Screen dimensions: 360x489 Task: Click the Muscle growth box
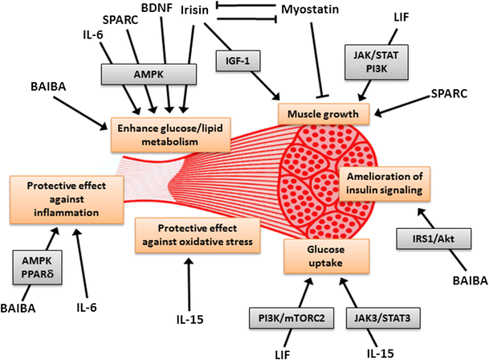[324, 113]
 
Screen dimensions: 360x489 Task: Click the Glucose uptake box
[326, 256]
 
